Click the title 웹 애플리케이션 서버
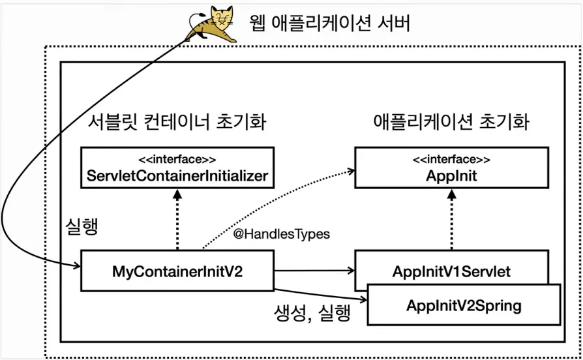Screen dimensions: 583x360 [x=329, y=23]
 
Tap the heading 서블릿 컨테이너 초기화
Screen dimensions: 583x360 [x=177, y=121]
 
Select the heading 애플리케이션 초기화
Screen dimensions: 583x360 [x=451, y=121]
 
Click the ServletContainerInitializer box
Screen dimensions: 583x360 [x=177, y=168]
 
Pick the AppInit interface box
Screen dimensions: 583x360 [x=451, y=168]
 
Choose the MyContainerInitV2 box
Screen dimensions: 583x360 [x=177, y=271]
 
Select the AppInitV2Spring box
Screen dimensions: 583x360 [x=464, y=305]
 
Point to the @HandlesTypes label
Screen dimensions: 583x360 [x=282, y=234]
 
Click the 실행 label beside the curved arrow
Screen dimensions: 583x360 [x=82, y=226]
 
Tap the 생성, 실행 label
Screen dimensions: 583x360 [x=312, y=313]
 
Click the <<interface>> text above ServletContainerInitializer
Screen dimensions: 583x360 [x=177, y=160]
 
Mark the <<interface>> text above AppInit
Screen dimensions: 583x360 [x=451, y=160]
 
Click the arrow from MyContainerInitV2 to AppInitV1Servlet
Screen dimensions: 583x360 [x=314, y=271]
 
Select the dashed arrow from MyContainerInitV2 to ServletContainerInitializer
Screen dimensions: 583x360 [x=177, y=219]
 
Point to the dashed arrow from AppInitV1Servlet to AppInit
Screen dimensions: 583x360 [x=451, y=219]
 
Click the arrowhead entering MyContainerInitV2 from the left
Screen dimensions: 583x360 [x=77, y=265]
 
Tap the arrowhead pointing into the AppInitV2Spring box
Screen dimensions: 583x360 [x=364, y=299]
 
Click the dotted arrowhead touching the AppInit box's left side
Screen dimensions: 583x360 [x=351, y=171]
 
